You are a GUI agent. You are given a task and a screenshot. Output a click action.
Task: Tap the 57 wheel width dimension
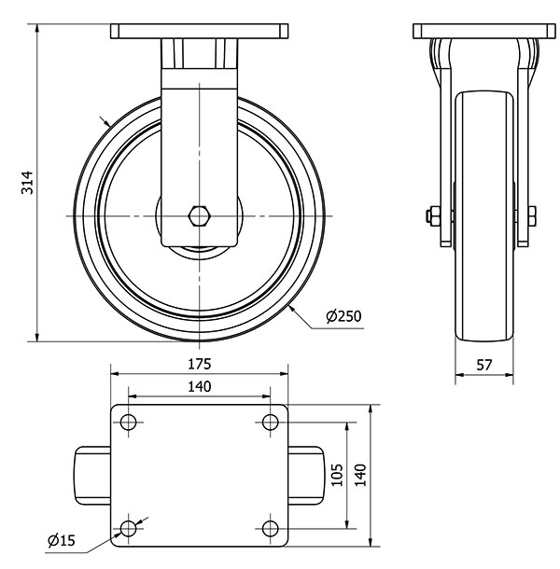484,366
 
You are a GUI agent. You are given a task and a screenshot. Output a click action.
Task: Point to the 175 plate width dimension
200,362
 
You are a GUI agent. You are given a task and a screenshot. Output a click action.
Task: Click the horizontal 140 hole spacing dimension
200,385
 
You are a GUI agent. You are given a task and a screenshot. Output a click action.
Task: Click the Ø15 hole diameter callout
62,539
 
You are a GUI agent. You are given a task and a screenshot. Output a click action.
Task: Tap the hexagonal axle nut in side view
200,216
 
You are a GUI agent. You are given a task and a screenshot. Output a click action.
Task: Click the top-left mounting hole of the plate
128,423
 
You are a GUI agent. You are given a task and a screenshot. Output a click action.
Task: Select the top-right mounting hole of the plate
271,423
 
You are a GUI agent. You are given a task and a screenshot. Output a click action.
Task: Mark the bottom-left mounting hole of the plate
128,529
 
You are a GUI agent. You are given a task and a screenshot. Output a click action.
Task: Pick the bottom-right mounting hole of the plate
271,529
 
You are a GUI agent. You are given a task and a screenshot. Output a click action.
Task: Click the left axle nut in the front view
430,216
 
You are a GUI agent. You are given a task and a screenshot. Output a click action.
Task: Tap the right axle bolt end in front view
530,216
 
